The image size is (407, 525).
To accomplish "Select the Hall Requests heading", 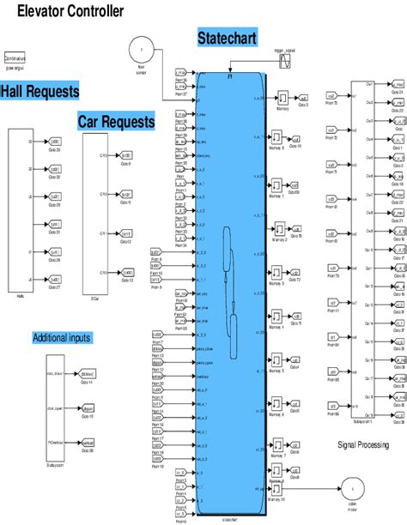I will click(x=39, y=91).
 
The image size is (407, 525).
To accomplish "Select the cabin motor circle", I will click(x=350, y=487).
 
